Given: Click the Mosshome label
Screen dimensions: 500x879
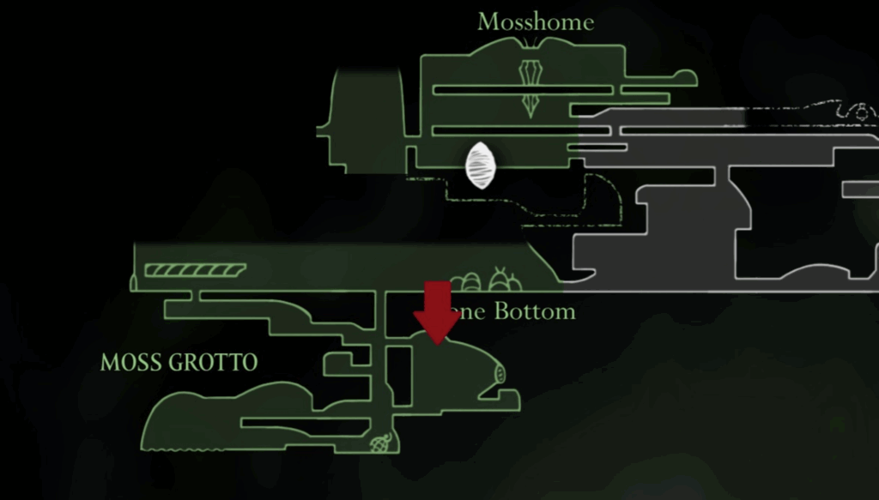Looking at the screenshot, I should pos(535,22).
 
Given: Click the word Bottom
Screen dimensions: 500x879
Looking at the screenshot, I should pos(534,311).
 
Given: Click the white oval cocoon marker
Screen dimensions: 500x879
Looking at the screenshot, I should pos(481,166).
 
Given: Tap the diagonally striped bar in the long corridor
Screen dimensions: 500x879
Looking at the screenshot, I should pos(195,270).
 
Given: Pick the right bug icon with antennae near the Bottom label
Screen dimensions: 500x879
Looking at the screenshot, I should pos(502,280).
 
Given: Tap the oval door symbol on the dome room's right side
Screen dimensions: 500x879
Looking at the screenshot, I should pos(500,372).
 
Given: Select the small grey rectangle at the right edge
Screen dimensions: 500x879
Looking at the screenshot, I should pos(861,189).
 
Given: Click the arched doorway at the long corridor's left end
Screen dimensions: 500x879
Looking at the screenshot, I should pos(134,281).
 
